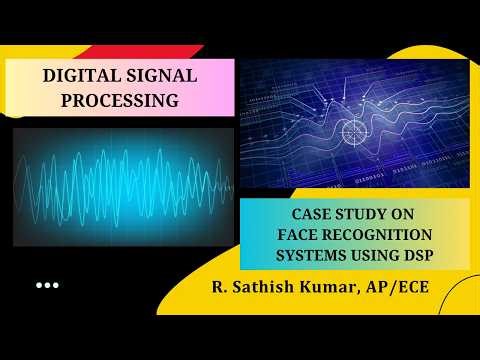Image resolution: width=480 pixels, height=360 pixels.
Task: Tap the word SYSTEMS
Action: click(x=315, y=255)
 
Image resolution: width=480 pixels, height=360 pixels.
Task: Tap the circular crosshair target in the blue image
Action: click(x=355, y=130)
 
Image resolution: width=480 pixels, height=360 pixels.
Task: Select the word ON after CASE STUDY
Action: click(x=412, y=215)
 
